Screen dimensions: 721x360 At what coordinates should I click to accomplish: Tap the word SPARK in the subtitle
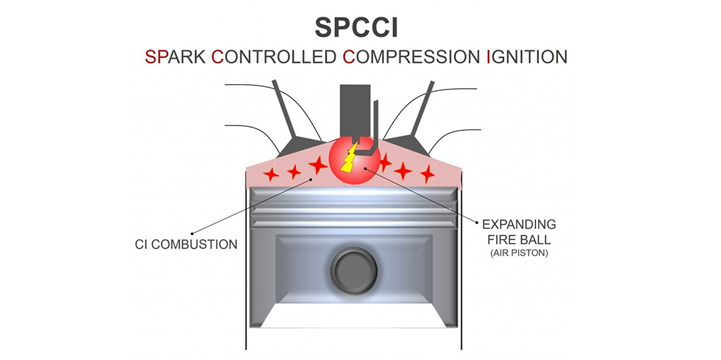[x=176, y=57]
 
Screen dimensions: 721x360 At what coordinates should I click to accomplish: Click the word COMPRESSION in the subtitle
[x=411, y=57]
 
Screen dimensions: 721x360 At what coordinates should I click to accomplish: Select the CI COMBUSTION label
[x=186, y=244]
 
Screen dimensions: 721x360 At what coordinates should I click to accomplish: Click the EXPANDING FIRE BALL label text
[x=519, y=232]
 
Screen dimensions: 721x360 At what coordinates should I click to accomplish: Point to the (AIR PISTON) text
[x=519, y=253]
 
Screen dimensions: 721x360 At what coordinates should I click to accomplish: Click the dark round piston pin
[x=354, y=271]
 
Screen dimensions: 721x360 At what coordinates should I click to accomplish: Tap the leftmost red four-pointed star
[x=271, y=174]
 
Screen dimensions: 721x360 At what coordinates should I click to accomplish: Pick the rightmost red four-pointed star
[x=427, y=174]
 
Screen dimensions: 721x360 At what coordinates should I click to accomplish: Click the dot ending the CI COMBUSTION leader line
[x=192, y=233]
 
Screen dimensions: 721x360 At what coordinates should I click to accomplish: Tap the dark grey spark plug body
[x=354, y=111]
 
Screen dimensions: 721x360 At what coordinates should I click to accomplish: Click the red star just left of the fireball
[x=318, y=164]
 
